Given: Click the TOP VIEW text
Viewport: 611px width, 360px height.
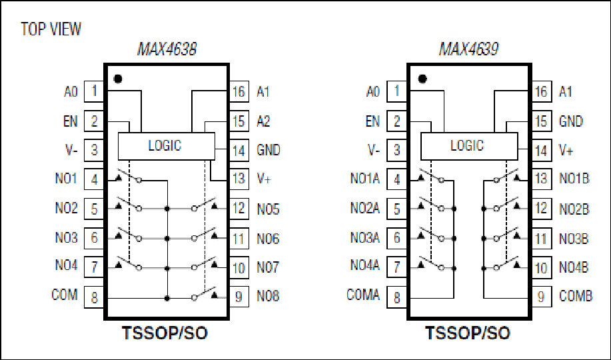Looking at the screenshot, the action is point(51,29).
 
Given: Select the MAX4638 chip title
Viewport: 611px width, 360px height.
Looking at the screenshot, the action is point(167,49).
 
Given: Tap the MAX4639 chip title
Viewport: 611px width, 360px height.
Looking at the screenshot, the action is point(469,49).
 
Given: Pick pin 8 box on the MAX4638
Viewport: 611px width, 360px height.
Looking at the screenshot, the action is point(94,297).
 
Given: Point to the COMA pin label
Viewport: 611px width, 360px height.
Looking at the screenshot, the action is point(362,295).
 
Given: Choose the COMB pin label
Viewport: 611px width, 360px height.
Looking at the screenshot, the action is point(576,296).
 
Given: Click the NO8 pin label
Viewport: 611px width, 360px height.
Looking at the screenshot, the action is point(268,296).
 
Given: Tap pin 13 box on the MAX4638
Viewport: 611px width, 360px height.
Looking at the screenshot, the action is point(239,179).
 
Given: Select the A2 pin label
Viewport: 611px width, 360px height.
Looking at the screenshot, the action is point(263,121).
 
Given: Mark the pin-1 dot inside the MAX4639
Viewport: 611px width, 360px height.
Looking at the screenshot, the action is point(422,79).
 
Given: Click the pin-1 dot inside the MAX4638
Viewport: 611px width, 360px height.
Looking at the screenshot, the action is point(118,79).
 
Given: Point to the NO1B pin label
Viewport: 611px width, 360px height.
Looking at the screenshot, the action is point(574,179).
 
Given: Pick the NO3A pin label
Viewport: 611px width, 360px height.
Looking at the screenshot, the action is point(364,237).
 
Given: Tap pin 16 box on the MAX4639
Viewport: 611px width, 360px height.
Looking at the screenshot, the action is point(542,91).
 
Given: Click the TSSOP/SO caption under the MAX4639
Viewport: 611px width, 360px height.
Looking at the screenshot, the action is point(468,333).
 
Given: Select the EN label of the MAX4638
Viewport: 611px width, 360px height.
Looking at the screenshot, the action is point(71,121).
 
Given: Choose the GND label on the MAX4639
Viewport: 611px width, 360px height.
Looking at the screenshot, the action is point(571,121).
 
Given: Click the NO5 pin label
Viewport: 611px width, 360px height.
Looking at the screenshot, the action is point(268,209).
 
